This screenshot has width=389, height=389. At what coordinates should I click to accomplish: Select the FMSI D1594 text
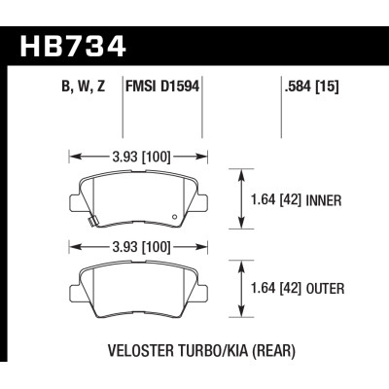(x=161, y=86)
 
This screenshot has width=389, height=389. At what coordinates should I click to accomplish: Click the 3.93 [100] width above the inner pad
(x=135, y=154)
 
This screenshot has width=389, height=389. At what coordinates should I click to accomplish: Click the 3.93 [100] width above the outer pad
(x=135, y=244)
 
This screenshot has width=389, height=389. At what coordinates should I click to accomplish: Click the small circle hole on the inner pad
(x=174, y=215)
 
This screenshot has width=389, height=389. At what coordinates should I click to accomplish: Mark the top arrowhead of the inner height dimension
(x=242, y=172)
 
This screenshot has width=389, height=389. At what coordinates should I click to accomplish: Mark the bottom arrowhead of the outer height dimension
(x=242, y=314)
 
